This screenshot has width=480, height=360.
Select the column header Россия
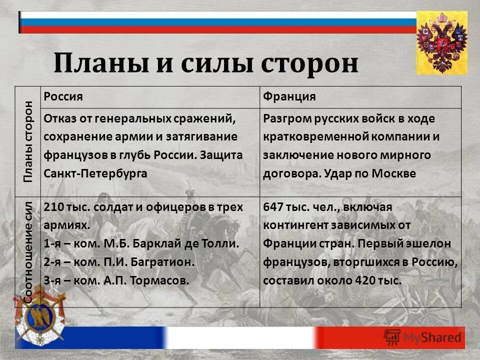tap(63, 96)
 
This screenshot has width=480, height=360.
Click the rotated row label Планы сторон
tap(28, 141)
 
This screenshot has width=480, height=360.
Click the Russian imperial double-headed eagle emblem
tap(441, 43)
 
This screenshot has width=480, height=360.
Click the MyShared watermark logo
tap(422, 336)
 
